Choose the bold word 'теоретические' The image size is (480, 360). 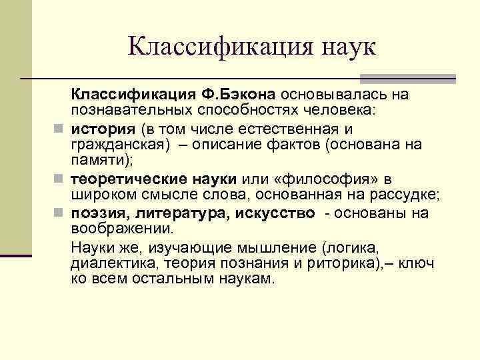(132, 179)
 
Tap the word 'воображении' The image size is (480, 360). (121, 229)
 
